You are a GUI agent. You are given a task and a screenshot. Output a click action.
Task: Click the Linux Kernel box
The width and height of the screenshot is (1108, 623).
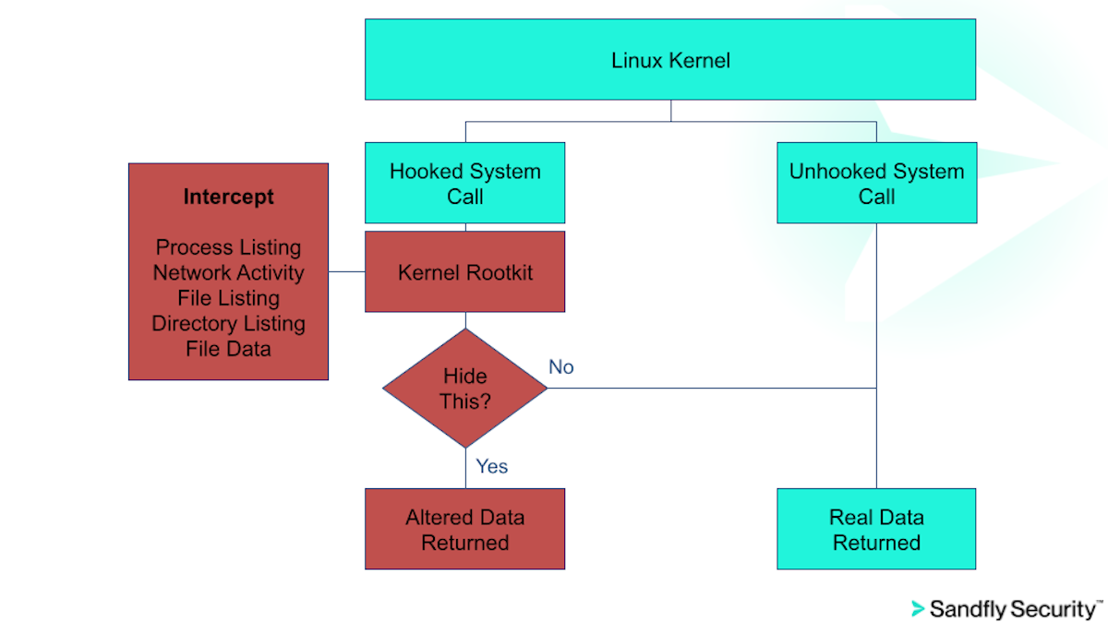coord(670,60)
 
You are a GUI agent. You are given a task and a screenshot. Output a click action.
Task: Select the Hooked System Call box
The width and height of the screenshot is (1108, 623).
coord(464,183)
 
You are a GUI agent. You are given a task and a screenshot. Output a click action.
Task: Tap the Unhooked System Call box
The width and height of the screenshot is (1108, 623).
coord(876,183)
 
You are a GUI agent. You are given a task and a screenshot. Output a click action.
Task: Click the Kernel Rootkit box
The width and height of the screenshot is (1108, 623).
coord(464,272)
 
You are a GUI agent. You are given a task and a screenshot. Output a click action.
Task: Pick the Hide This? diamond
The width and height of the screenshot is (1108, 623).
coord(464,389)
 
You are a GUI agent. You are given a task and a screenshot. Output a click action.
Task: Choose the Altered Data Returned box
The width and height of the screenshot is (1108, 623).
coord(464,529)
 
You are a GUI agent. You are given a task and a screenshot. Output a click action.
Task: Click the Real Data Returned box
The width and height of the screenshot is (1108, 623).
coord(876,529)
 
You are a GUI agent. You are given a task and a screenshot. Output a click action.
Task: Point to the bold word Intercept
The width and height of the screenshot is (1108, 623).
coord(228,197)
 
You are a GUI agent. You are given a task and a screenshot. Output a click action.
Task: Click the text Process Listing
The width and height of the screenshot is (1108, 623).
coord(228,247)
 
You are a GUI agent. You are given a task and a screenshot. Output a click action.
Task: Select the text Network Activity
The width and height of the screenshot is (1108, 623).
coord(228,272)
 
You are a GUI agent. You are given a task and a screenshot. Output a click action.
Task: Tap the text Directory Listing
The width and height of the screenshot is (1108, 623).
coord(228,323)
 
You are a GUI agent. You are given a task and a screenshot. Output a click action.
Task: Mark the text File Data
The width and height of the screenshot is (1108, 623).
coord(228,348)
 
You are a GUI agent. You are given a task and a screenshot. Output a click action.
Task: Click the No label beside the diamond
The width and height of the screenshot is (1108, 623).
coord(561,367)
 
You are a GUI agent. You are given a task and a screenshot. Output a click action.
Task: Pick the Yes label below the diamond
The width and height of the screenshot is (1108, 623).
coord(492,466)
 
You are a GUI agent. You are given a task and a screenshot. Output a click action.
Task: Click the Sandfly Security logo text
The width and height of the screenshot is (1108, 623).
coord(1014,609)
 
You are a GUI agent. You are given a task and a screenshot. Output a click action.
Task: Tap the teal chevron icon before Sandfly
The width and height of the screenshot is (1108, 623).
coord(918,609)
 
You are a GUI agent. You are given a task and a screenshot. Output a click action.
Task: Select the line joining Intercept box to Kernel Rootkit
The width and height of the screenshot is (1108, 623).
coord(347,272)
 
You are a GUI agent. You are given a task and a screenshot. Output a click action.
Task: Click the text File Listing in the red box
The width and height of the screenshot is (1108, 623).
coord(228,298)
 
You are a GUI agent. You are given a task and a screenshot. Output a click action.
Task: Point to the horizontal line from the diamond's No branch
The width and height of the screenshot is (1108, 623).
coord(711,389)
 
